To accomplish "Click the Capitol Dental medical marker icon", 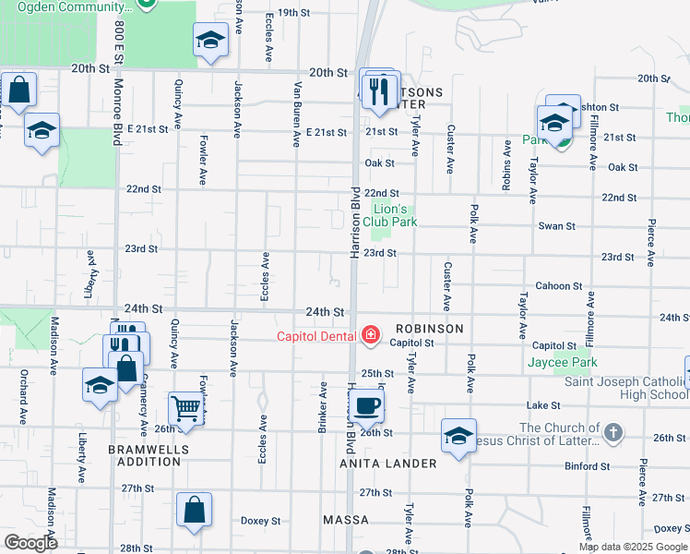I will point(371,335).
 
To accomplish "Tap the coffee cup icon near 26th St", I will point(367,404).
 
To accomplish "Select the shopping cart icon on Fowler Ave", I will point(186,407).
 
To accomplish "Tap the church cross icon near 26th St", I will point(612,432).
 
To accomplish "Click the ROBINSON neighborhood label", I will point(429,329).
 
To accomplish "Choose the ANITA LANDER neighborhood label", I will point(387,464).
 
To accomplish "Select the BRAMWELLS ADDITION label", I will point(149,455).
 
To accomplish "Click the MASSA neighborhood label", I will point(346,521).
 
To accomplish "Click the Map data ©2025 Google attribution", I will point(634,547).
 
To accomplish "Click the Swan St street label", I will point(556,226).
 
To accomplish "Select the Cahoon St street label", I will point(558,286).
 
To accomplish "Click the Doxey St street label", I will point(261,521).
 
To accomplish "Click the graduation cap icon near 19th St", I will point(210,40).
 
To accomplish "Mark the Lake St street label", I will point(543,405).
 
